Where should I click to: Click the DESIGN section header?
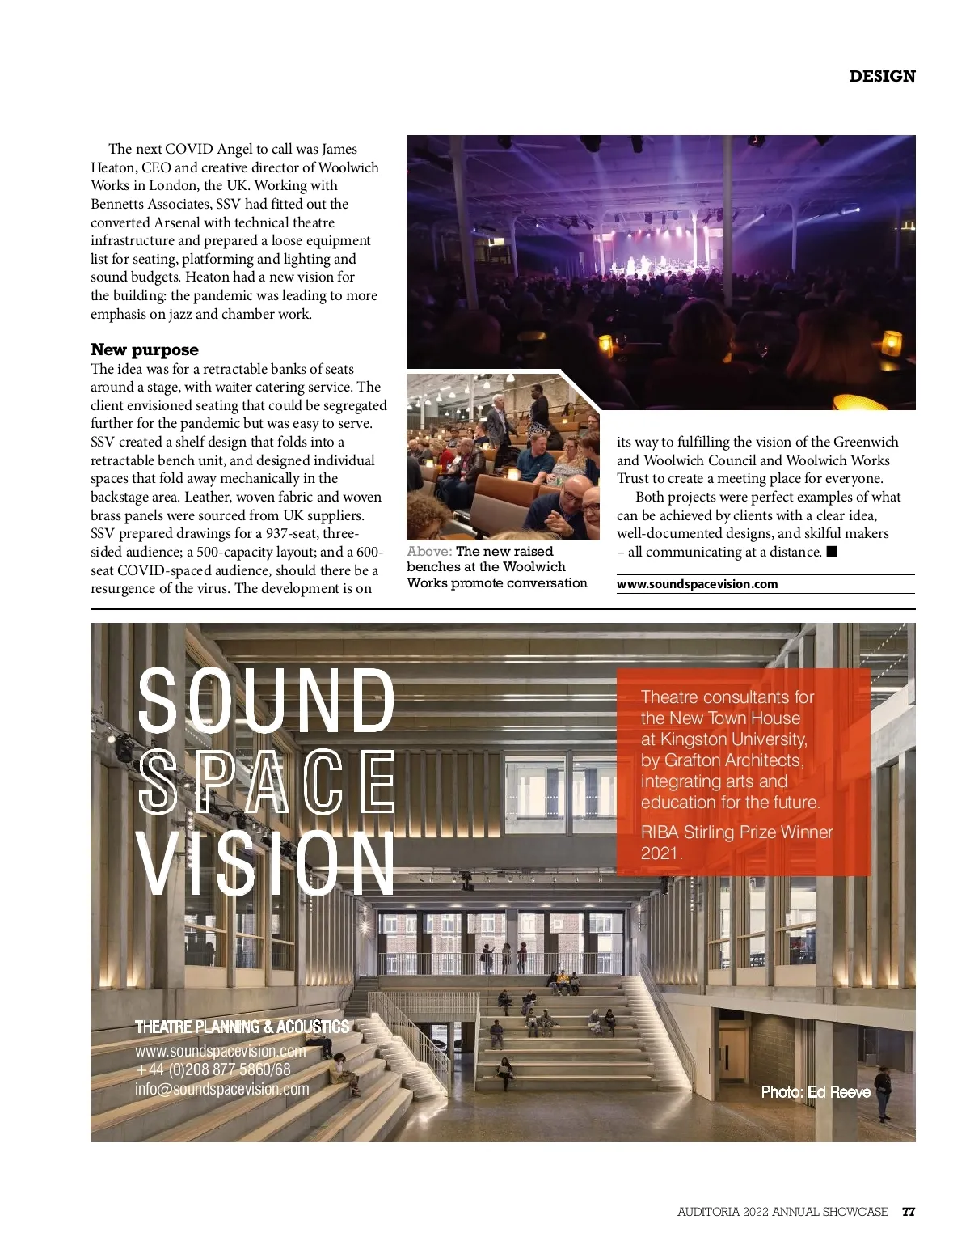882,76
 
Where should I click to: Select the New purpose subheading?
144,349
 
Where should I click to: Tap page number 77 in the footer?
909,1212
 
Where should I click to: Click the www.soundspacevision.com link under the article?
697,584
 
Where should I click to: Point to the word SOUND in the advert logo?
266,701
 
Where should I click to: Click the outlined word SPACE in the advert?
266,781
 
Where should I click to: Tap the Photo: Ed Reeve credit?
816,1092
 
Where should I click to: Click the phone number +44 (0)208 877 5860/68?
213,1069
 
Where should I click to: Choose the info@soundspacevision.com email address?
221,1089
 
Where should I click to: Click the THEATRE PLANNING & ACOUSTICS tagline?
242,1027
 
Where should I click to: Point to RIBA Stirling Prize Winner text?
736,832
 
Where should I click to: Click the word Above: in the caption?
428,552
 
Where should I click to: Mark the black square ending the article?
832,552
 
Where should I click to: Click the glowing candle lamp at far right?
891,343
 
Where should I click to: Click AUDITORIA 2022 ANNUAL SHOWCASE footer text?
782,1212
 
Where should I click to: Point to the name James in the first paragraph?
339,149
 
